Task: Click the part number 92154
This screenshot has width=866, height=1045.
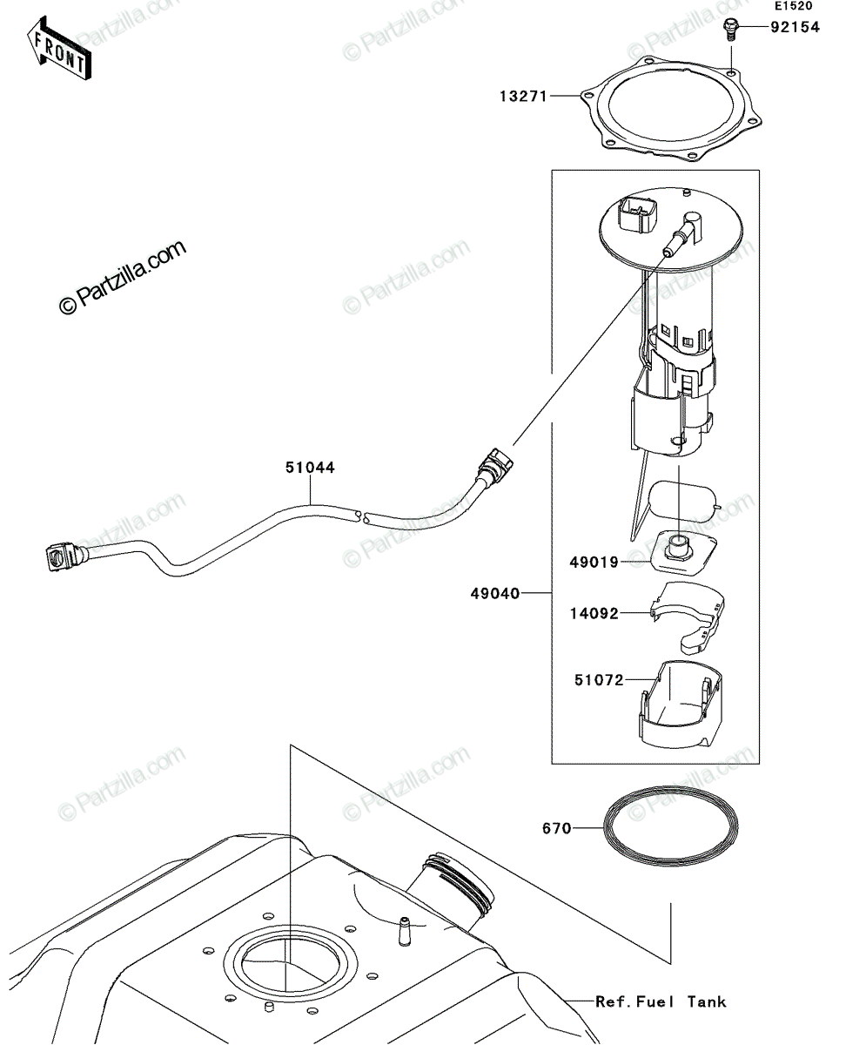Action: click(795, 27)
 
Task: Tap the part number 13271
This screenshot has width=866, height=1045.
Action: click(524, 96)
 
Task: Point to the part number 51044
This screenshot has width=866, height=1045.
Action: click(310, 468)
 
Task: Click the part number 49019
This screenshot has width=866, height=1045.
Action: click(594, 563)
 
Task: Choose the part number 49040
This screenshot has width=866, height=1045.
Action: click(495, 594)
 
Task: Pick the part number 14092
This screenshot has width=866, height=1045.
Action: click(594, 614)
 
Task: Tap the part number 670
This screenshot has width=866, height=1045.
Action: click(557, 829)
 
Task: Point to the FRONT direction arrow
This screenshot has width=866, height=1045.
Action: click(59, 49)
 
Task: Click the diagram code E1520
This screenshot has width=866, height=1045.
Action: click(794, 6)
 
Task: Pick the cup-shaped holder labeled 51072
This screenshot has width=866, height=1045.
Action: click(681, 708)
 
